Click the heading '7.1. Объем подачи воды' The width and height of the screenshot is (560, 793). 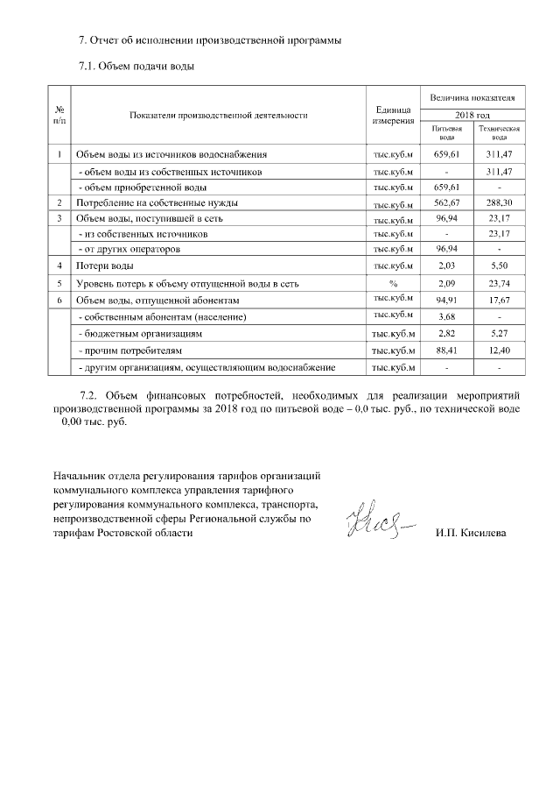(136, 66)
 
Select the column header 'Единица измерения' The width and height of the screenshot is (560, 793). (392, 115)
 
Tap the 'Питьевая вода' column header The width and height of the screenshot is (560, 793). (446, 132)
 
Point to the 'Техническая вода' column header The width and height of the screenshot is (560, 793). (499, 132)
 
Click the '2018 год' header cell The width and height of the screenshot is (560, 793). (472, 115)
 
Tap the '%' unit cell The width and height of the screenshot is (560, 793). (392, 284)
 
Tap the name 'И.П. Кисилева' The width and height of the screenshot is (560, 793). (470, 533)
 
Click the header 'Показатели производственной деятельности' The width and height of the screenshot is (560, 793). (218, 115)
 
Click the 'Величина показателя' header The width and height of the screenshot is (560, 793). (472, 96)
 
